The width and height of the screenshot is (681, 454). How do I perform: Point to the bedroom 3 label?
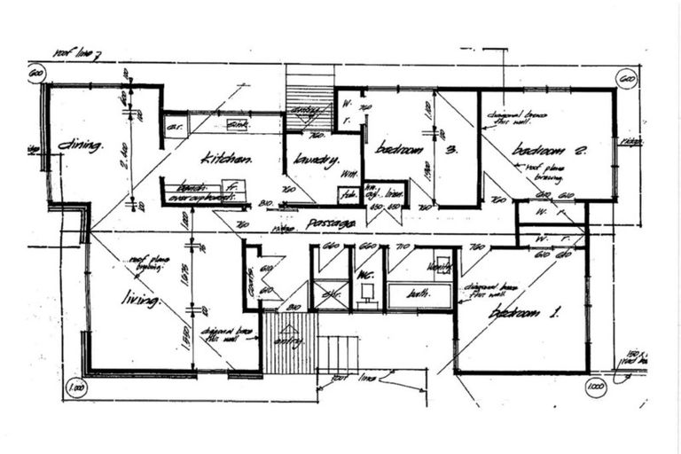coord(402,149)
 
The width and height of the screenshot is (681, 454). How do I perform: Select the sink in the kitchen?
coord(237,125)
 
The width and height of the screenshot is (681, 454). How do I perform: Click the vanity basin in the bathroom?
coord(440,262)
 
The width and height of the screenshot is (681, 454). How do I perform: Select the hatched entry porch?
coord(290,343)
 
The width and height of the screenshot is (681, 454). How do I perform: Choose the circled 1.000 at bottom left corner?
coord(77,388)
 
